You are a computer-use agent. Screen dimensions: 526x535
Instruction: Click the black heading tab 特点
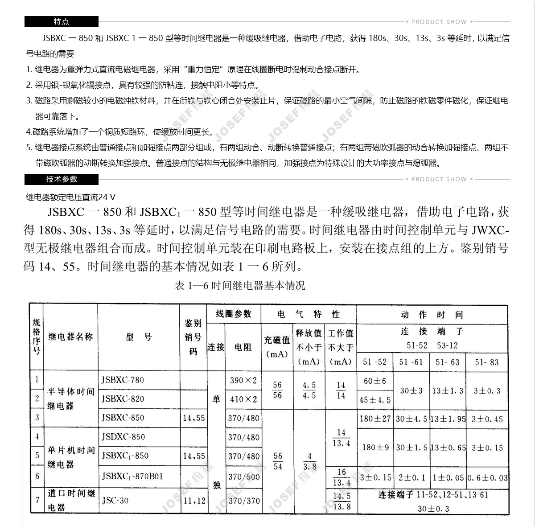(61, 21)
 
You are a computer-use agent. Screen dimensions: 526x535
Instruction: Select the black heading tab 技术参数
(61, 179)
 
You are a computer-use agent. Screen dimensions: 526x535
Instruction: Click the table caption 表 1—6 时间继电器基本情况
(240, 286)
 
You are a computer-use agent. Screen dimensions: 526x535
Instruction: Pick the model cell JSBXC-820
(123, 399)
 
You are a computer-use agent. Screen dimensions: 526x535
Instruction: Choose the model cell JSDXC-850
(123, 437)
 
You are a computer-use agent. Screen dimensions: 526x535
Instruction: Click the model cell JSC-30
(115, 500)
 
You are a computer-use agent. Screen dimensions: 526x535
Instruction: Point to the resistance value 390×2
(243, 380)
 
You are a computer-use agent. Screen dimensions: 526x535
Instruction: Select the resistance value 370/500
(243, 477)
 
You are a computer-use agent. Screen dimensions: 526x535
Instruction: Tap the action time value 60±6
(374, 381)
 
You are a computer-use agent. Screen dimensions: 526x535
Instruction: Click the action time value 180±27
(375, 419)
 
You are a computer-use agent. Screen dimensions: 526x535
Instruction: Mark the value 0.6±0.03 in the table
(487, 478)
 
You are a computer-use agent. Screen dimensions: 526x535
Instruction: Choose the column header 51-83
(486, 362)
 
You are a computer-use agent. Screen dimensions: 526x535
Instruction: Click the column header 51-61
(411, 362)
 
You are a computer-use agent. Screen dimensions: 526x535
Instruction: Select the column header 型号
(139, 337)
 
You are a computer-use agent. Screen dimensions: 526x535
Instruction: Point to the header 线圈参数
(234, 314)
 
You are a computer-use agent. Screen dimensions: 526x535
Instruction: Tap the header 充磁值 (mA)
(277, 347)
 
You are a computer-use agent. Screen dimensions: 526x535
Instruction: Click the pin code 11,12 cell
(194, 501)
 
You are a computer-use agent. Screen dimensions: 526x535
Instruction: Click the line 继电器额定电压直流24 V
(70, 197)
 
